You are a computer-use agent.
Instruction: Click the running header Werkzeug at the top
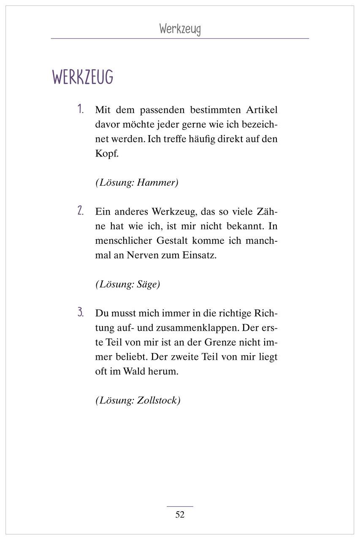(x=180, y=29)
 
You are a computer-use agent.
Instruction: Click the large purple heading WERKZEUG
(x=83, y=78)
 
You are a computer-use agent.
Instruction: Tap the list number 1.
(x=81, y=110)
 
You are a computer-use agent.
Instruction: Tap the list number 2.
(x=81, y=211)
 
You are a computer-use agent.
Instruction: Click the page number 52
(x=180, y=514)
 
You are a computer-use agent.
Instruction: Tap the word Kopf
(x=107, y=154)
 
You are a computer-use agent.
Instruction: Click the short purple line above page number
(x=180, y=506)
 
